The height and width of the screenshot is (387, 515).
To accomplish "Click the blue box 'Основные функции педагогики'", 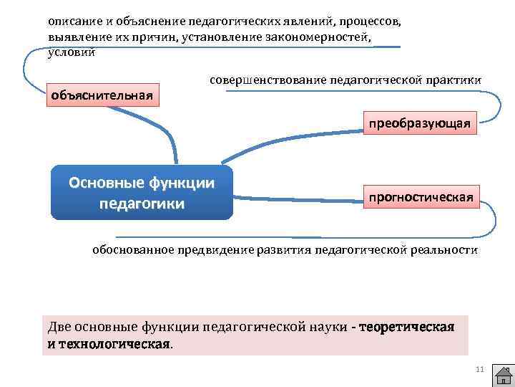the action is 142,193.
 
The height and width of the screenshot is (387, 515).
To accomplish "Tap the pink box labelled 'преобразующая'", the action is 419,123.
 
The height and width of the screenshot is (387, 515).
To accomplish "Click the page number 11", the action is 479,369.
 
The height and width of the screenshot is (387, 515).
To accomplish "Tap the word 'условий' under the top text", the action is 70,52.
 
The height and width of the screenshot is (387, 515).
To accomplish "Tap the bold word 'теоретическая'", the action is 407,328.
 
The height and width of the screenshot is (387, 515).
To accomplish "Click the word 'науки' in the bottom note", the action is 328,328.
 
